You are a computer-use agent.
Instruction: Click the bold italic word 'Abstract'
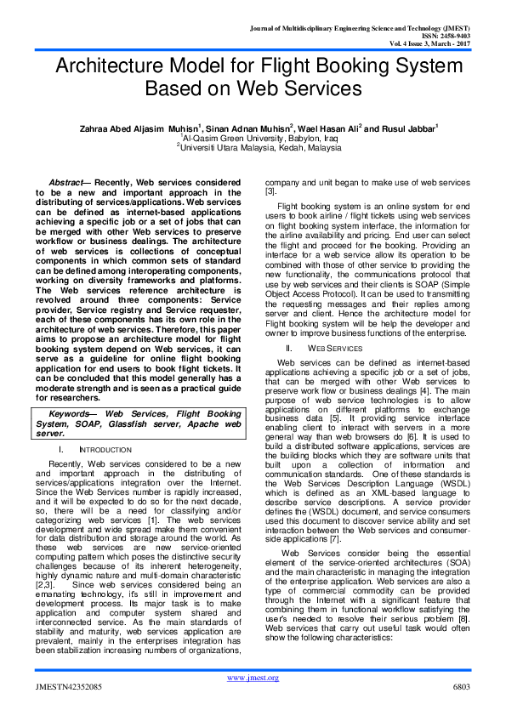pyautogui.click(x=68, y=183)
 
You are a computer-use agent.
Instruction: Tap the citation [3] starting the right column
pyautogui.click(x=271, y=192)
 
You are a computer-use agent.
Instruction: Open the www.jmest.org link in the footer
pyautogui.click(x=253, y=677)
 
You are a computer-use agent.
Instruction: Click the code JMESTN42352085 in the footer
pyautogui.click(x=67, y=685)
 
